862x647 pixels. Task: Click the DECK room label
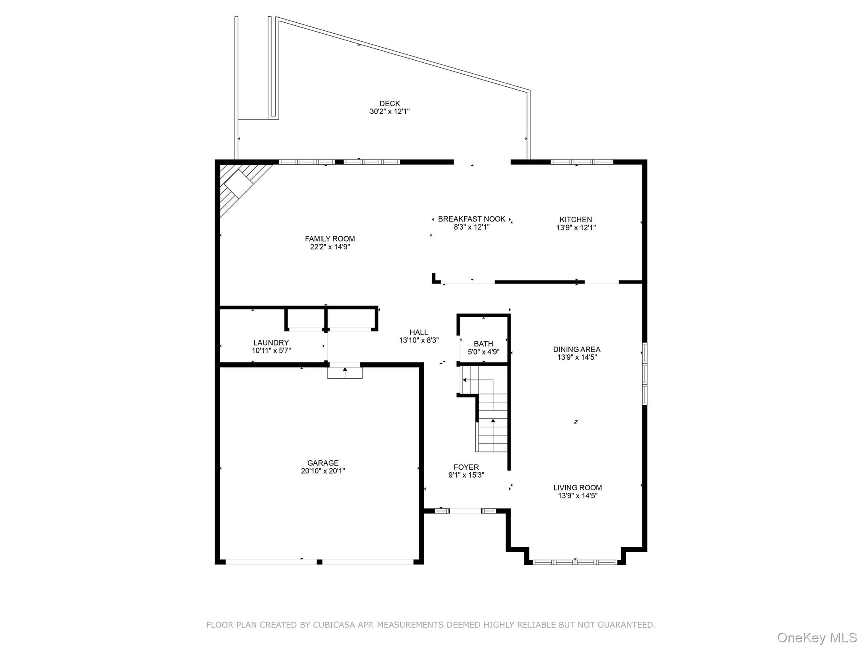coord(389,104)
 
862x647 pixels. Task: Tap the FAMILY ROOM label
coord(330,239)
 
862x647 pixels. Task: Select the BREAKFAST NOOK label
coord(471,219)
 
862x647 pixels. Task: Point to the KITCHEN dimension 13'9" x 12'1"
coord(575,227)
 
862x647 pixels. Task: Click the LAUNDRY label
coord(271,343)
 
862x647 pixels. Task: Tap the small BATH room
coord(483,343)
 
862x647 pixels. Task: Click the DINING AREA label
coord(576,349)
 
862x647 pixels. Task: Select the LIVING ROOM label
coord(577,488)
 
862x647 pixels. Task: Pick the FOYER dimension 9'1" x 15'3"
coord(466,475)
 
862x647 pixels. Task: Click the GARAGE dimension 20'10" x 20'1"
coord(323,471)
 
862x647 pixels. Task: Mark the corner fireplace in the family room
coord(239,184)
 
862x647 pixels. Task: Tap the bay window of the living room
coord(575,562)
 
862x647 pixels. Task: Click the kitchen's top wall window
coord(582,162)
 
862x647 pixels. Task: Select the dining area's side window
coord(644,374)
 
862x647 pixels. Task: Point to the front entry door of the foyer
coord(465,511)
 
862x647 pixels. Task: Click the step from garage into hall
coord(345,373)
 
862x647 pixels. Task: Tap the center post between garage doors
coord(319,562)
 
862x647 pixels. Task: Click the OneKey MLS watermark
coord(817,637)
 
